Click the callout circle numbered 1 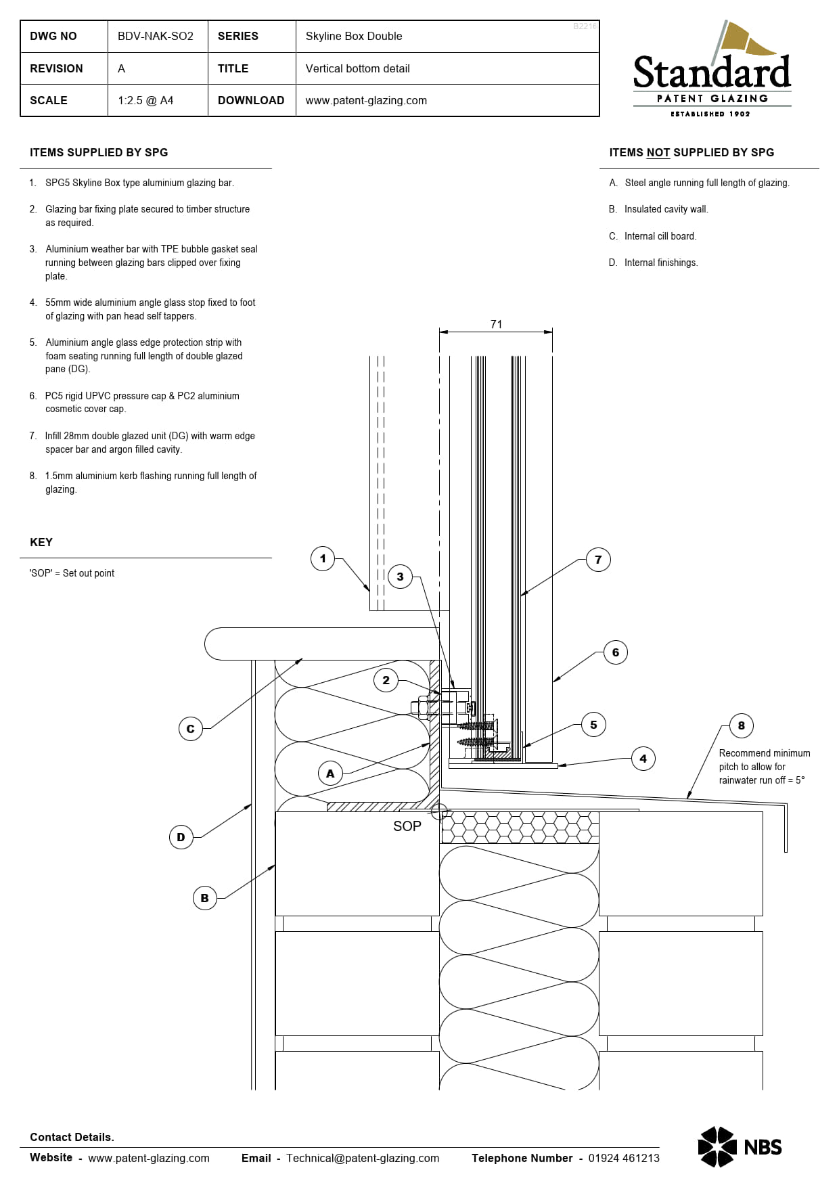tap(323, 558)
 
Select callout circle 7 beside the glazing tap(598, 560)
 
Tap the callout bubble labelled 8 tap(742, 725)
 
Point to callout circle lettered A tap(330, 773)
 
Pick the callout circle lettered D tap(181, 837)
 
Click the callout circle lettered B tap(204, 898)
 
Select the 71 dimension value tap(497, 324)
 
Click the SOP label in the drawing tap(407, 826)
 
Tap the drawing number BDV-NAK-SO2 tap(156, 36)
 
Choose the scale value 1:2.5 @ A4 tap(145, 100)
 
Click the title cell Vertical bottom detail tap(357, 68)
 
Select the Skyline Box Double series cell tap(354, 36)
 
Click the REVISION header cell tap(56, 68)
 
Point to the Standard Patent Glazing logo tap(712, 70)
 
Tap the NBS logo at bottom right tap(740, 1146)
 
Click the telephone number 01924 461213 tap(624, 1158)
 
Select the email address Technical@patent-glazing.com tap(363, 1158)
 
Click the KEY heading tap(41, 542)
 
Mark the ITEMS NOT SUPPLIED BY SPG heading tap(691, 152)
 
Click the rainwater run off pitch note tap(765, 766)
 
